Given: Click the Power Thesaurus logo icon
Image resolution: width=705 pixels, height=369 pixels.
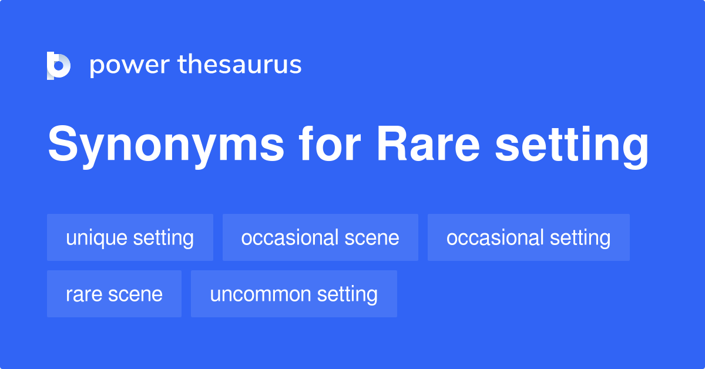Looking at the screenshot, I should click(x=59, y=65).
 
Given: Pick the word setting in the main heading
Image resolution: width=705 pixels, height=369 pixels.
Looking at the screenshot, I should click(x=571, y=146).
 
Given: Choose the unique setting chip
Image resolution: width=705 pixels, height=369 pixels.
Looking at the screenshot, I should click(x=130, y=238).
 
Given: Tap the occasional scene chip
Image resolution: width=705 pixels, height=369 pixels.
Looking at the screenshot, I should click(x=320, y=238).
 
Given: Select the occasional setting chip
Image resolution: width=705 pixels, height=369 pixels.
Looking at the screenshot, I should click(x=528, y=238).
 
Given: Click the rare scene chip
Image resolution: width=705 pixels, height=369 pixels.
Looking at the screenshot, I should click(x=114, y=294).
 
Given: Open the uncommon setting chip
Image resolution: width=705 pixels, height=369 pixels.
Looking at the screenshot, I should click(x=294, y=294).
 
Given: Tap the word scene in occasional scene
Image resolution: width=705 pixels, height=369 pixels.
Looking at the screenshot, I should click(x=371, y=238).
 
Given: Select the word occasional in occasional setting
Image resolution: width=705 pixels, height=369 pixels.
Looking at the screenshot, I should click(x=495, y=238).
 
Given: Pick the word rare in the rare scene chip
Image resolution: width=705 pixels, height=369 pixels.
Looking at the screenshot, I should click(x=83, y=294).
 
